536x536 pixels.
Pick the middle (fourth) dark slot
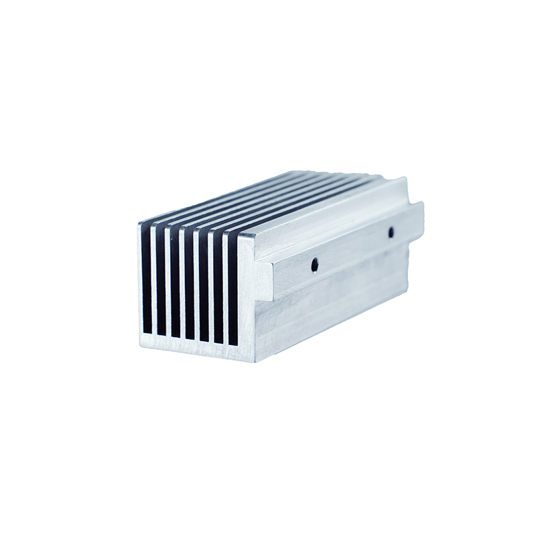pyautogui.click(x=190, y=284)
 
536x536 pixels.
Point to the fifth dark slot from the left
pyautogui.click(x=204, y=286)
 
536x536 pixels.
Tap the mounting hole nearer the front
pyautogui.click(x=314, y=265)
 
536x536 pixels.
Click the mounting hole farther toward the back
pyautogui.click(x=391, y=232)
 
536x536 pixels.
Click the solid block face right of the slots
pyautogui.click(x=246, y=295)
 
